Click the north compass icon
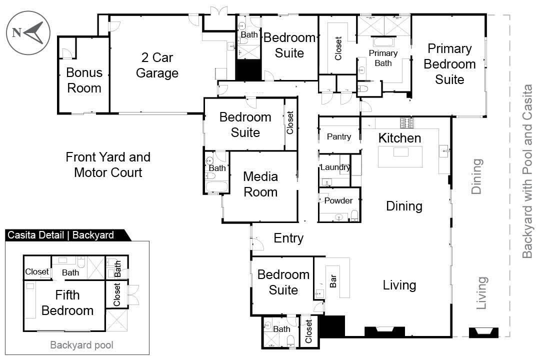[28, 33]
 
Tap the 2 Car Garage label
[157, 65]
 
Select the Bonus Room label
[84, 80]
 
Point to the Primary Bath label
[383, 57]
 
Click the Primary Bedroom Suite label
[449, 64]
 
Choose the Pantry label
[339, 136]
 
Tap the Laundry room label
[335, 167]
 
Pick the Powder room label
[338, 200]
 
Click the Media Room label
[260, 184]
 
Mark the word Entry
[288, 238]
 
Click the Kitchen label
[399, 138]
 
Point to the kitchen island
[400, 156]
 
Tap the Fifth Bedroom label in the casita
[67, 302]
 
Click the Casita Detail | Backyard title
[60, 235]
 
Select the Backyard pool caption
[81, 345]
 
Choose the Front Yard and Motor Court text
[108, 164]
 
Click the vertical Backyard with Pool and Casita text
[527, 171]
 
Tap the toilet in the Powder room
[354, 215]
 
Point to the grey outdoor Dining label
[477, 176]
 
